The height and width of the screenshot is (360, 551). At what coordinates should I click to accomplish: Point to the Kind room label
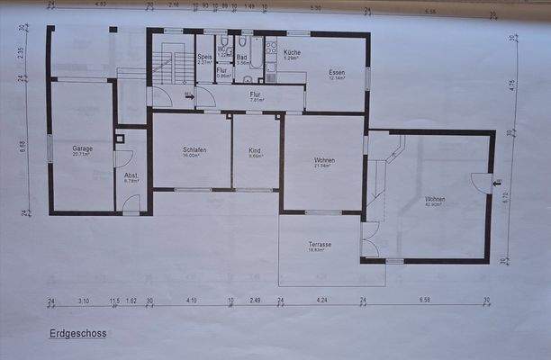coord(256,151)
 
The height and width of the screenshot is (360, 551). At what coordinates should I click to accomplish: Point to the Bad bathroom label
coord(242,58)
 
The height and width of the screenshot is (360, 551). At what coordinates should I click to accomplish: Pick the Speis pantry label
coord(204,58)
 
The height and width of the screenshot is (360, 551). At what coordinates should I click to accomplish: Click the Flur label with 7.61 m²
coord(255,94)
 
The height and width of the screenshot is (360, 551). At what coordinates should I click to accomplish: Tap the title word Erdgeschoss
coord(78,333)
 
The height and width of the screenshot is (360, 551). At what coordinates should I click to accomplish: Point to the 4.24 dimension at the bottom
coord(322,300)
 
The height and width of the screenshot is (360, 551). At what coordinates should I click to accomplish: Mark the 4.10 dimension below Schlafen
coord(190,300)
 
